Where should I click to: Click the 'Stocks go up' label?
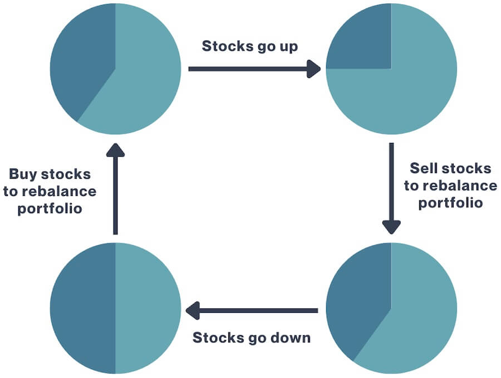click(250, 46)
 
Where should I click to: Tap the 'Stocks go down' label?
click(252, 338)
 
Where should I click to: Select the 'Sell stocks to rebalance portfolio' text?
click(450, 185)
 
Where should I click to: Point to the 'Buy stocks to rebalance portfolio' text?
click(50, 192)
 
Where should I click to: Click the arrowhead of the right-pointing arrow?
click(313, 69)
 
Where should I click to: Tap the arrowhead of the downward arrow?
click(391, 227)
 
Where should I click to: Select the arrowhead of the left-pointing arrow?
click(193, 310)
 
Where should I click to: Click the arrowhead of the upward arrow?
click(115, 150)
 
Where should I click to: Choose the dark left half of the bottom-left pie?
click(82, 308)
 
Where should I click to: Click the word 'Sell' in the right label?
click(420, 168)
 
